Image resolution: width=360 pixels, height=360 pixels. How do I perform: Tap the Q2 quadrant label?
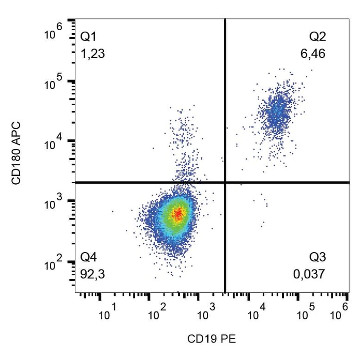(x=317, y=36)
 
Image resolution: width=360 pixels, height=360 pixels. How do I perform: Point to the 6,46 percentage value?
(x=313, y=54)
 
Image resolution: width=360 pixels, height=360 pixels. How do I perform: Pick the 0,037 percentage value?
(x=309, y=274)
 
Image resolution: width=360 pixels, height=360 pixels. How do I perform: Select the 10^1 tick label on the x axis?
(x=108, y=313)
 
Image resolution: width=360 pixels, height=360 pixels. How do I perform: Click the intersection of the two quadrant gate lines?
(x=225, y=182)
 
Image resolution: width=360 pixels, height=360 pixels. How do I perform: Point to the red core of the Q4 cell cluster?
(x=178, y=214)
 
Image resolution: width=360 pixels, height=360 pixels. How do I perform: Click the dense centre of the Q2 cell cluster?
(x=277, y=113)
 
